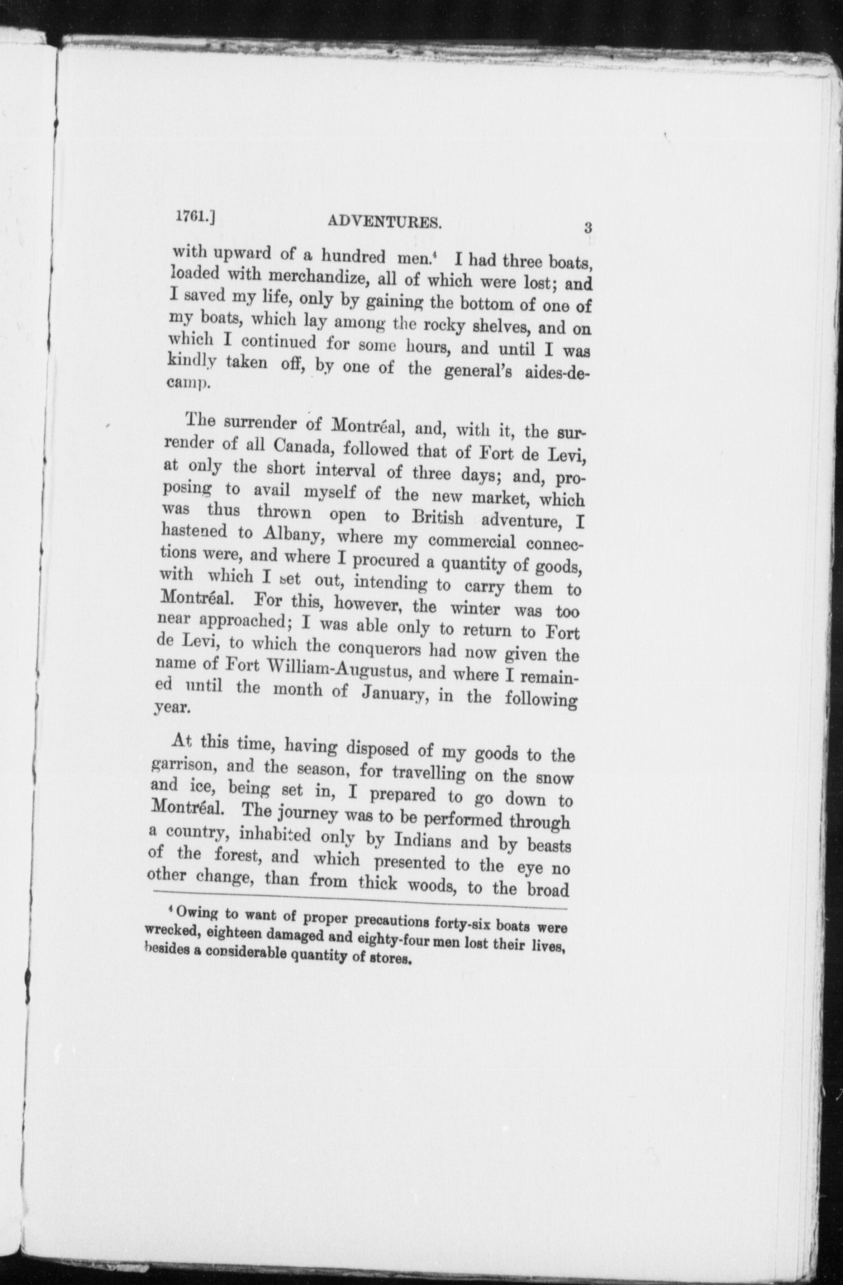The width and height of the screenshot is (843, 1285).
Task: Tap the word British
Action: pos(437,517)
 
